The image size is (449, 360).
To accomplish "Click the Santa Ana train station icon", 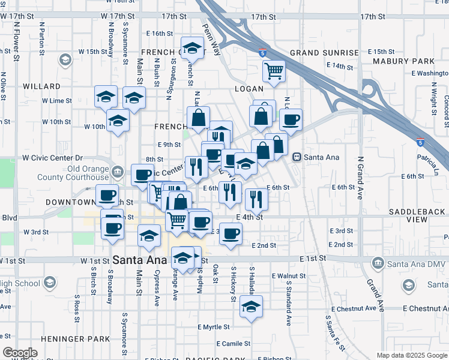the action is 297,157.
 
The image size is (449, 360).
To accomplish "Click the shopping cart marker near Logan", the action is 274,71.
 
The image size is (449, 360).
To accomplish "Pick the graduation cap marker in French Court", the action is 192,47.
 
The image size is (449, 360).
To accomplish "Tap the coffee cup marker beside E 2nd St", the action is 230,234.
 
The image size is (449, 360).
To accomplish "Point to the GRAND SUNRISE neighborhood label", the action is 324,53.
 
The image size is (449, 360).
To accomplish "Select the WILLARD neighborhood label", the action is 41,86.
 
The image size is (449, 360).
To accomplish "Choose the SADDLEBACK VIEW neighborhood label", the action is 417,216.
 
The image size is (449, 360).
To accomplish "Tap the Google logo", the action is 20,353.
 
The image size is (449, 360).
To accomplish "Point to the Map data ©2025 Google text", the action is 411,355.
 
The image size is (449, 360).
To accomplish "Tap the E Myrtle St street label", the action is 214,327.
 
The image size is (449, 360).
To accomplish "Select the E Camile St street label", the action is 230,344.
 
